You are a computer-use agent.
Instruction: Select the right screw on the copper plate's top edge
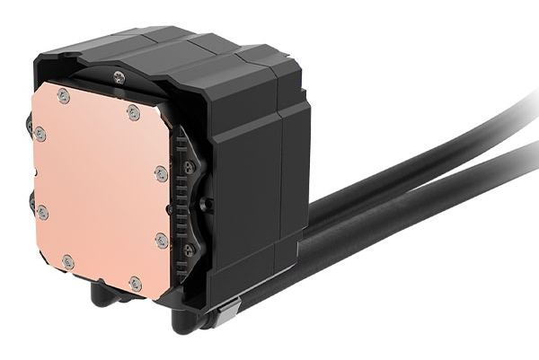coord(133,110)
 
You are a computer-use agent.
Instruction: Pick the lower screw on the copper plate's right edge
coord(162,240)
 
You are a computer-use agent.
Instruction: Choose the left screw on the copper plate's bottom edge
coord(68,261)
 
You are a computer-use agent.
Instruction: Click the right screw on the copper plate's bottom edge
coord(135,283)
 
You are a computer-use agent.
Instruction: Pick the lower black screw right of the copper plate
coord(189,248)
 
